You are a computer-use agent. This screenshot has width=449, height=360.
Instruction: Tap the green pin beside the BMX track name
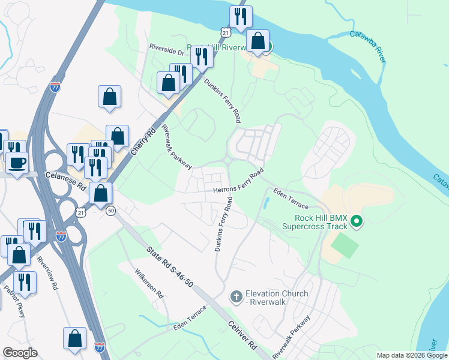click(x=357, y=222)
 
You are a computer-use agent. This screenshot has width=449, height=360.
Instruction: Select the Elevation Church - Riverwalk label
click(x=277, y=298)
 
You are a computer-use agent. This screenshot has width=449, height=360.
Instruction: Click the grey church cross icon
click(x=236, y=296)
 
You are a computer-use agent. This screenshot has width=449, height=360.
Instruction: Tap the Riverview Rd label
click(x=47, y=274)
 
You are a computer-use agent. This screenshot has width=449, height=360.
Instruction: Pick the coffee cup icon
click(x=17, y=163)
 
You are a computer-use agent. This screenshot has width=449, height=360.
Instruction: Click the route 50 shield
click(x=110, y=211)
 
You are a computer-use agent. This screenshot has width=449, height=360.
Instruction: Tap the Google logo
click(x=20, y=352)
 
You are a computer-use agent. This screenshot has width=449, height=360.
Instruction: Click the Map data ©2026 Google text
click(x=412, y=355)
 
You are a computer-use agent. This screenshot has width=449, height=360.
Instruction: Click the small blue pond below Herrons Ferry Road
click(x=265, y=203)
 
